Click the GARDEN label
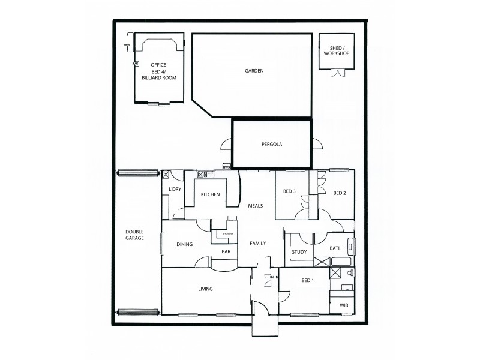point(254,71)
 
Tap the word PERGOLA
point(271,145)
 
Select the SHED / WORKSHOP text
point(336,50)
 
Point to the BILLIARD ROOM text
point(158,78)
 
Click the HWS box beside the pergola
point(226,167)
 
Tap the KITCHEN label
point(210,194)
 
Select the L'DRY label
point(175,190)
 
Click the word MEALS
point(256,206)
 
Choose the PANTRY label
point(227,233)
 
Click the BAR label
point(226,252)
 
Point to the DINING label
point(184,244)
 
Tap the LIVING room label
point(205,289)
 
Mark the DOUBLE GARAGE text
point(134,236)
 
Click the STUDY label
point(299,252)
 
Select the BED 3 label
point(289,192)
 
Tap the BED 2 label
point(340,193)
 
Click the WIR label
point(344,305)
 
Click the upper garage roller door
point(139,173)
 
